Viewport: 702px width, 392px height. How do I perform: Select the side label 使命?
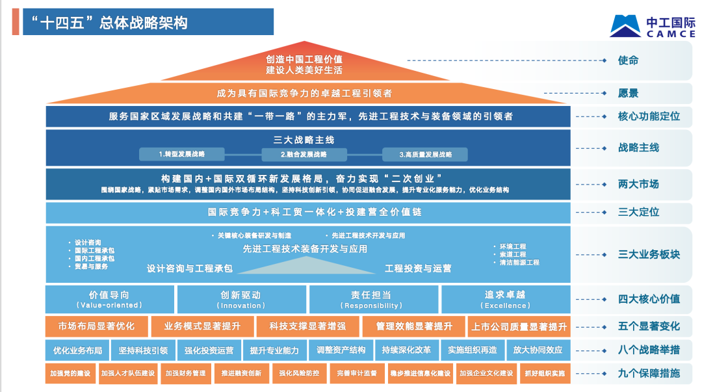pos(628,60)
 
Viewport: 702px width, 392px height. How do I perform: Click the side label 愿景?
pos(628,93)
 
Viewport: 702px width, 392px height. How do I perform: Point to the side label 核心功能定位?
pos(648,116)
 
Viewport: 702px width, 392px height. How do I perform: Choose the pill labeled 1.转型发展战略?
pos(182,154)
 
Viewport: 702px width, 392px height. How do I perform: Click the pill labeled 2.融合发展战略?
pos(304,154)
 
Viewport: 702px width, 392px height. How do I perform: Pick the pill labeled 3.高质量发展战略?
pos(425,154)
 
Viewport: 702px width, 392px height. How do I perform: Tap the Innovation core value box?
pos(241,299)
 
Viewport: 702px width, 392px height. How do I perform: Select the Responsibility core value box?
pos(373,299)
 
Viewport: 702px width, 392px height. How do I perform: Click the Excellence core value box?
pos(506,299)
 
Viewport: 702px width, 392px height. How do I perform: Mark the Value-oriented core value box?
pos(109,299)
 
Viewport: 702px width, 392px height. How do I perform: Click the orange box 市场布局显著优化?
pos(96,326)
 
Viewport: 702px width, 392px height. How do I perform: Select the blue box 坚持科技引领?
pos(143,350)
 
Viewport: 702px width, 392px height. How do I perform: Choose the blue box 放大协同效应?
pos(538,350)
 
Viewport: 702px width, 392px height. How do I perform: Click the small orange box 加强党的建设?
pos(70,374)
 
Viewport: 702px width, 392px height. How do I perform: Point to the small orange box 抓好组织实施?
pos(544,374)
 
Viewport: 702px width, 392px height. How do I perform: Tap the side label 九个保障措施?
pos(648,373)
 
